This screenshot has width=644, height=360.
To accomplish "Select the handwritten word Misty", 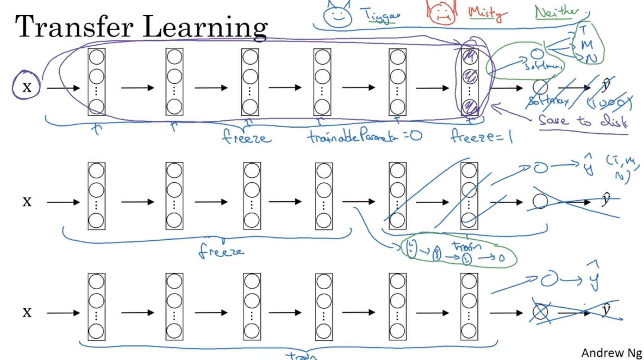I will (x=487, y=13).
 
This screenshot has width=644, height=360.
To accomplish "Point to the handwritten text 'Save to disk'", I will (x=582, y=121).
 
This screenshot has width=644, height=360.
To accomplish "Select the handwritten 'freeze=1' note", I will (x=481, y=136).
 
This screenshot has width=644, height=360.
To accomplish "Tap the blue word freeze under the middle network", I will (x=221, y=251).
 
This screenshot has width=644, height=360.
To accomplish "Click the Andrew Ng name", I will (x=611, y=352).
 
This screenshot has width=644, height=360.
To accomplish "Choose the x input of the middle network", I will (x=27, y=201).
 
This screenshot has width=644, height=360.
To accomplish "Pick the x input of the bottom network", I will (x=27, y=312).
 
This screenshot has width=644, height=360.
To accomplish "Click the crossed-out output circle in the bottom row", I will (x=540, y=312).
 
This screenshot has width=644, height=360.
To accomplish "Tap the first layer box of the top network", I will (x=97, y=82).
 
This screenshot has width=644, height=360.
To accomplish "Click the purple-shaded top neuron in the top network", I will (x=469, y=57).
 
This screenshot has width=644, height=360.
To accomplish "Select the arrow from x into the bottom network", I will (x=63, y=313).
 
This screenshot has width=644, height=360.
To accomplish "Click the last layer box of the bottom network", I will (x=469, y=306).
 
